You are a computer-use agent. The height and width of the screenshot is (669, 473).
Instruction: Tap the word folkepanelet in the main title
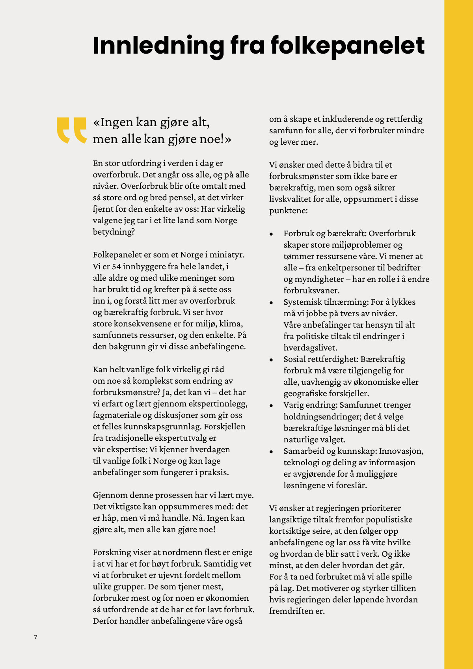347,46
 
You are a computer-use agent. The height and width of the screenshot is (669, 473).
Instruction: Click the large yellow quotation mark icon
71,130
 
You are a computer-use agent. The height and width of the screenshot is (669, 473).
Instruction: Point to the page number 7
36,637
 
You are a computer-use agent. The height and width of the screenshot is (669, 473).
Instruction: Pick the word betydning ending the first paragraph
113,232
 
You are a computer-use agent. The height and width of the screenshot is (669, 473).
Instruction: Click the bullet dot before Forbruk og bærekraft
271,234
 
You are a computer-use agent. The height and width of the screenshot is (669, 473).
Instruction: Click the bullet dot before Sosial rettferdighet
271,360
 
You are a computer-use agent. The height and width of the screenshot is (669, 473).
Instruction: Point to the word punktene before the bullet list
288,211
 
